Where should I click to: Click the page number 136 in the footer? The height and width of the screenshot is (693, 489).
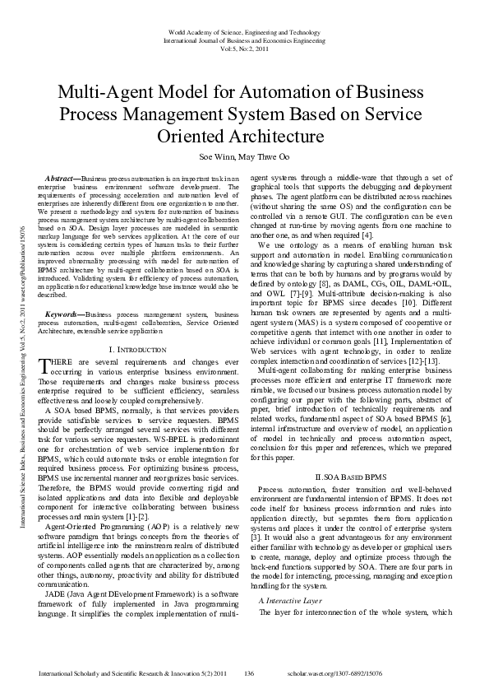click(250, 674)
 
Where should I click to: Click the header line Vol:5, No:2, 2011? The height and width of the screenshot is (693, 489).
click(244, 49)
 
